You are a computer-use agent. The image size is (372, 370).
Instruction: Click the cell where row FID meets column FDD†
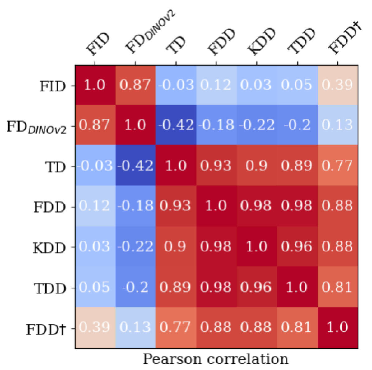pyautogui.click(x=337, y=85)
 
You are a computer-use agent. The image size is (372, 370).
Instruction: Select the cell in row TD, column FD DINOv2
pyautogui.click(x=135, y=166)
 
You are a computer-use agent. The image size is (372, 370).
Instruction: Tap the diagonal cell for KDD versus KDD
pyautogui.click(x=257, y=247)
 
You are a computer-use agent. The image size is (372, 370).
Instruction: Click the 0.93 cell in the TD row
pyautogui.click(x=216, y=166)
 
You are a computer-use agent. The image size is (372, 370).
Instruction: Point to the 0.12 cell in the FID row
pyautogui.click(x=216, y=85)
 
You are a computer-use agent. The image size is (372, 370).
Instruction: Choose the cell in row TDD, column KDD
pyautogui.click(x=257, y=287)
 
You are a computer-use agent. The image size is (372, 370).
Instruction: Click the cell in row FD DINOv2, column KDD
pyautogui.click(x=257, y=125)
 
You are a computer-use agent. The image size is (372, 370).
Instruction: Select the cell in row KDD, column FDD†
pyautogui.click(x=337, y=247)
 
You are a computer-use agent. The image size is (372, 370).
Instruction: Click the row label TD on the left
pyautogui.click(x=56, y=167)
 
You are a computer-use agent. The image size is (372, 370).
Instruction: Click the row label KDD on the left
pyautogui.click(x=49, y=248)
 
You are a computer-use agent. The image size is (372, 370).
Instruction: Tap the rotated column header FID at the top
pyautogui.click(x=98, y=44)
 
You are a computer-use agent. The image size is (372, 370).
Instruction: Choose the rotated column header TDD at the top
pyautogui.click(x=301, y=41)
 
